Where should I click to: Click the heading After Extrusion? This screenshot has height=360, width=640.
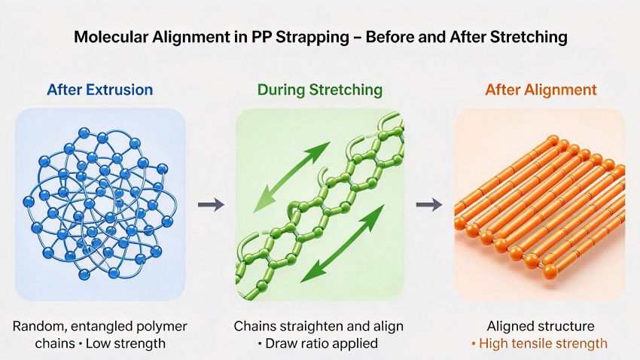[x=100, y=90]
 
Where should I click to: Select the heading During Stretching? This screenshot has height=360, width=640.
[x=320, y=90]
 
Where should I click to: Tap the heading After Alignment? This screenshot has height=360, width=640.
[x=541, y=90]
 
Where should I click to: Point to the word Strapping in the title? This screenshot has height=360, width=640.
[x=312, y=38]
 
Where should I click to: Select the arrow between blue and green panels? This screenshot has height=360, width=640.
[x=211, y=205]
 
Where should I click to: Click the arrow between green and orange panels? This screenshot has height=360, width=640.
[x=429, y=205]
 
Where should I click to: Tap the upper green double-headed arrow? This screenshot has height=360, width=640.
[x=291, y=178]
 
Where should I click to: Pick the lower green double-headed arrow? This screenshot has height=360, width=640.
[x=343, y=244]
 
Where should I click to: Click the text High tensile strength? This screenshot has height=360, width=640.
[x=539, y=343]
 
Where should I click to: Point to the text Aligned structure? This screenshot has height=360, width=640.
[x=541, y=326]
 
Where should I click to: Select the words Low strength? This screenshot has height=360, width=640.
[x=126, y=343]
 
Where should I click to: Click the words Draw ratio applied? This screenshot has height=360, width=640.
[x=322, y=343]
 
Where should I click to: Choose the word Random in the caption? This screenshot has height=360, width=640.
[x=40, y=327]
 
